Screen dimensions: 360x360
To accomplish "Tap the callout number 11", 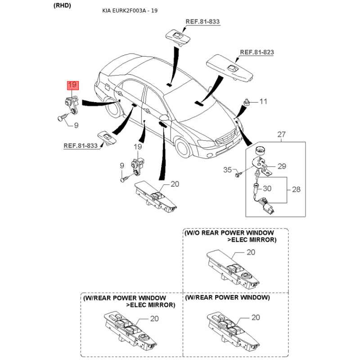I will [x=263, y=102].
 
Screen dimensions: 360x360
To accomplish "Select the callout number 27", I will [x=281, y=134].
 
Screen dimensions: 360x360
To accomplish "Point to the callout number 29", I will [x=282, y=166].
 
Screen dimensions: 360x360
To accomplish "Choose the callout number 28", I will [x=296, y=189].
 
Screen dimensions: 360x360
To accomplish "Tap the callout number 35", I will [x=228, y=170].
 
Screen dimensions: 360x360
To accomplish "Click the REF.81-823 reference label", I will [x=256, y=52].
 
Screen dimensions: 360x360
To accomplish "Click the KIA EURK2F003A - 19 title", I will [x=130, y=11].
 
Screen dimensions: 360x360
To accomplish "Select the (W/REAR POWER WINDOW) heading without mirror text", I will [x=227, y=298].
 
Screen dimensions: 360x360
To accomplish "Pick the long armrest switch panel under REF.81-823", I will [x=229, y=67].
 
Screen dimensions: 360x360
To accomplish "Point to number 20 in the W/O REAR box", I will [x=251, y=252].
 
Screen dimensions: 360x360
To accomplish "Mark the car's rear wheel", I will [x=109, y=105].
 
